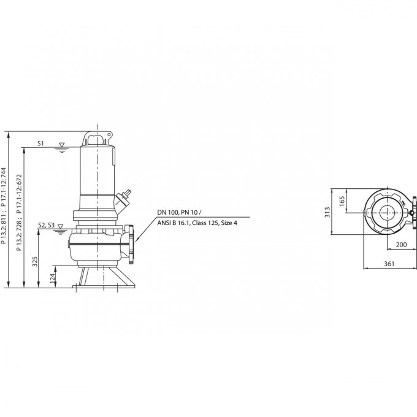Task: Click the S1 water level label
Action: tap(40, 143)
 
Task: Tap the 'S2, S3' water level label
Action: tap(46, 225)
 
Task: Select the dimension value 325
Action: tap(35, 261)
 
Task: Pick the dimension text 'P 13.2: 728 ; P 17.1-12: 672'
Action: tap(19, 213)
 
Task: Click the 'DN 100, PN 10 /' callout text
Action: tap(179, 213)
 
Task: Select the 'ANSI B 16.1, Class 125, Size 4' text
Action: tap(197, 223)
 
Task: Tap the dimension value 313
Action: tap(327, 212)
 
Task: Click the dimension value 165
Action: tap(342, 201)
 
